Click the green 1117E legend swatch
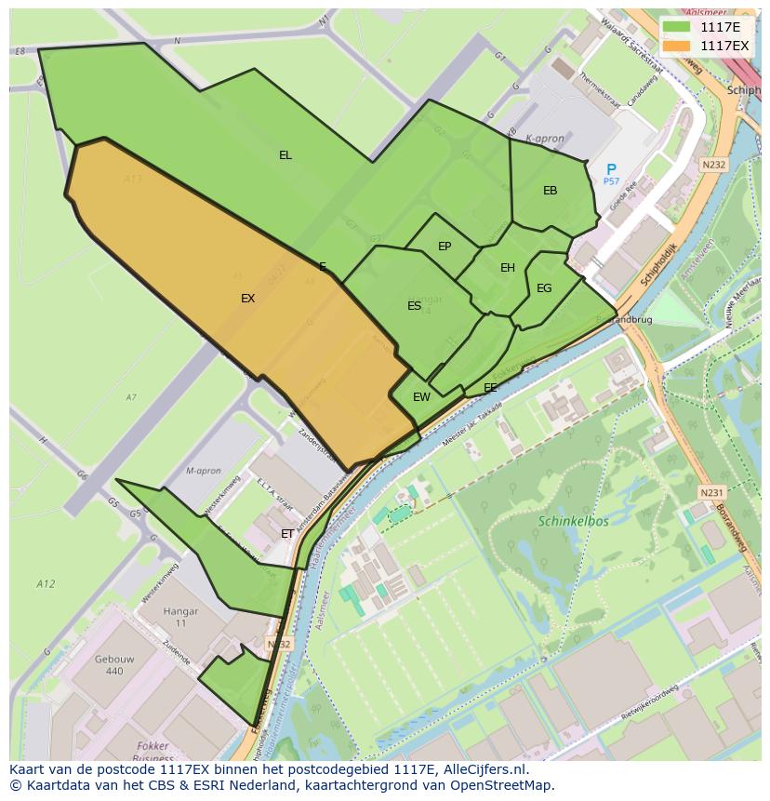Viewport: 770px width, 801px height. tap(677, 27)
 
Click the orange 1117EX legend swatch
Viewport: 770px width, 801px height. tap(677, 45)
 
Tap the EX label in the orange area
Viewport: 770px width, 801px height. tap(247, 299)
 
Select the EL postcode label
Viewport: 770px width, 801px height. tap(285, 155)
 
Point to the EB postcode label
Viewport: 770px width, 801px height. tap(550, 191)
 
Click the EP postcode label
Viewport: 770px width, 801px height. tap(445, 247)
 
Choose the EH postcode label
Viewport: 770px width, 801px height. tap(507, 268)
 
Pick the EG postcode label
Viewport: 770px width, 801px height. tap(544, 288)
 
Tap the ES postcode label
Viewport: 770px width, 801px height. tap(414, 306)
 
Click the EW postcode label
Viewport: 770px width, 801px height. tap(421, 397)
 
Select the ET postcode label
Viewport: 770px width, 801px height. tap(287, 534)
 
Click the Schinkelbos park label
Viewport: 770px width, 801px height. tap(572, 521)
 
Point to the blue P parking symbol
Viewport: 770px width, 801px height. tap(611, 169)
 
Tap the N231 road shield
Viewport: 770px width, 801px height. tap(711, 492)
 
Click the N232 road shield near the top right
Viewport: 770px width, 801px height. tap(713, 165)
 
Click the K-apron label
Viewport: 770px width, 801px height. tap(545, 139)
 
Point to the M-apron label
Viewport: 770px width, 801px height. tap(203, 471)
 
